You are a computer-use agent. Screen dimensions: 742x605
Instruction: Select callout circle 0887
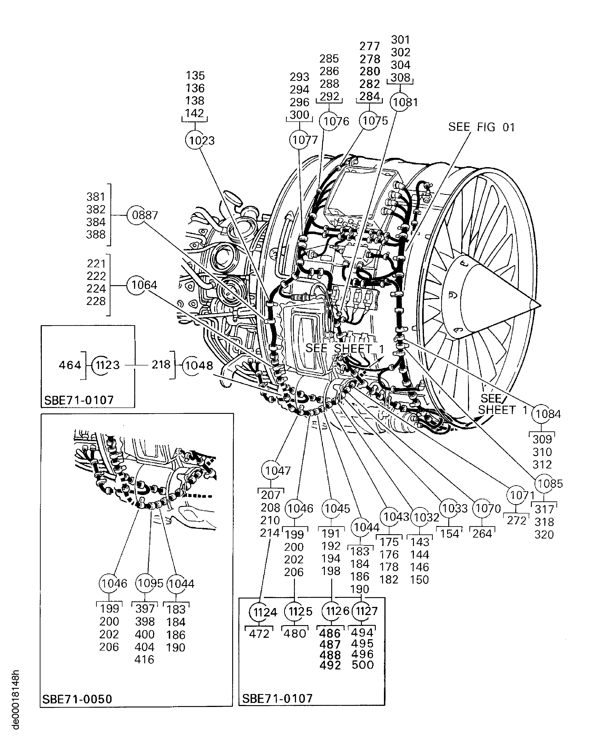pyautogui.click(x=137, y=215)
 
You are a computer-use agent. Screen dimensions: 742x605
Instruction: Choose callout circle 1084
pyautogui.click(x=541, y=414)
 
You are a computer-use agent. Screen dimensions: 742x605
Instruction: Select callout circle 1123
pyautogui.click(x=101, y=365)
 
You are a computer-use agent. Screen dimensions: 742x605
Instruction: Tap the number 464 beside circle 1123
pyautogui.click(x=70, y=365)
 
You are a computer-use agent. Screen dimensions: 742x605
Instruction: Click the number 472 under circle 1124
pyautogui.click(x=259, y=634)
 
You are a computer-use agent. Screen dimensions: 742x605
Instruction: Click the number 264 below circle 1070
pyautogui.click(x=482, y=533)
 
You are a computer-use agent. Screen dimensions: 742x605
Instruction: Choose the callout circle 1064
pyautogui.click(x=136, y=285)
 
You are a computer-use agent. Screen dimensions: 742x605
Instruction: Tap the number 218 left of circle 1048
pyautogui.click(x=161, y=365)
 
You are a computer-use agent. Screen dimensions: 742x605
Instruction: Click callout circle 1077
pyautogui.click(x=299, y=140)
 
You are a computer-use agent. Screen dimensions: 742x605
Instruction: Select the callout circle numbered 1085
pyautogui.click(x=544, y=483)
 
